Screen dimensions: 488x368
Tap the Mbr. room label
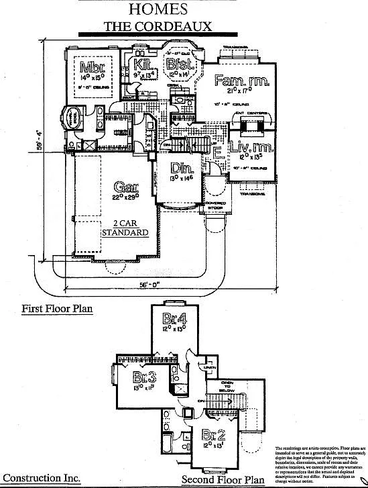click(92, 67)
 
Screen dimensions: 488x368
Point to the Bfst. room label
click(180, 65)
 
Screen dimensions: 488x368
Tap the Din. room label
click(179, 167)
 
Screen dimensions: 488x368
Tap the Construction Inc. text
click(41, 478)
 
